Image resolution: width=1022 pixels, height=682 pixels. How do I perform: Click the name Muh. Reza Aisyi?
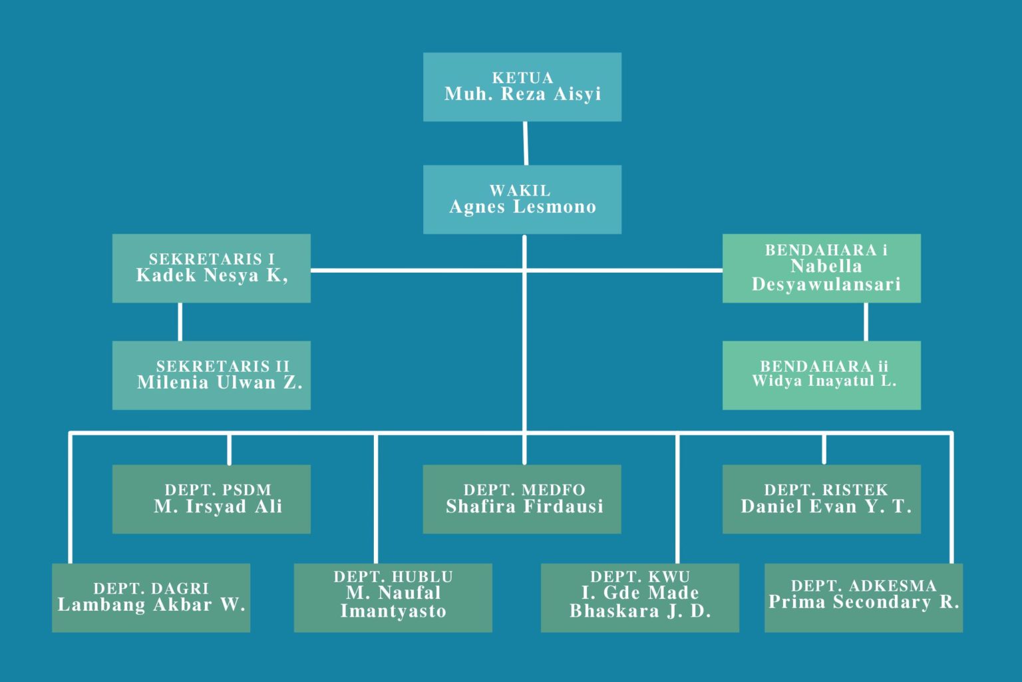[x=522, y=94]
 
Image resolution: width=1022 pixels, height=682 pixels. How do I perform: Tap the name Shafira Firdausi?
[x=524, y=507]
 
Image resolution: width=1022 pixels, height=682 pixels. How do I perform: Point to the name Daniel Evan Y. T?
[x=826, y=507]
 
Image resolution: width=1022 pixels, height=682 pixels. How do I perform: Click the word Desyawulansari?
[x=826, y=285]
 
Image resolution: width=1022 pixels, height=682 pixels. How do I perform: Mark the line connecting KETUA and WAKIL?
[x=526, y=143]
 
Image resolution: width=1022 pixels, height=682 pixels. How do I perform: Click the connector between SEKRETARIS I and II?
[x=180, y=321]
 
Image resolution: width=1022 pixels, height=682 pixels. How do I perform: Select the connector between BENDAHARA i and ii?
[x=866, y=321]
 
